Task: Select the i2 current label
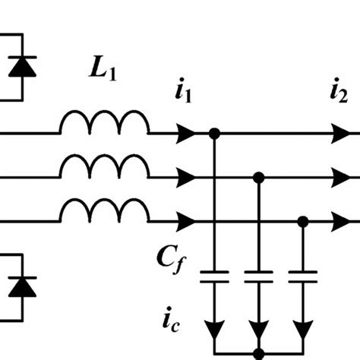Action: [x=339, y=95]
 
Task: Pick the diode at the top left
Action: [x=20, y=67]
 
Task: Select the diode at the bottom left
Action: [x=20, y=286]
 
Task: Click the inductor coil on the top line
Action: [x=105, y=123]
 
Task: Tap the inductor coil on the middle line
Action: [x=105, y=167]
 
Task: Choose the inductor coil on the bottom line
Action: [x=105, y=211]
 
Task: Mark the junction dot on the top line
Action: [x=215, y=133]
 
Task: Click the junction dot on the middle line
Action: [x=259, y=177]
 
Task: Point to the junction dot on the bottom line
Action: [x=303, y=221]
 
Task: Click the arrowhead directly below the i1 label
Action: [x=185, y=133]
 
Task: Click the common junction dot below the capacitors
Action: [x=259, y=354]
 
